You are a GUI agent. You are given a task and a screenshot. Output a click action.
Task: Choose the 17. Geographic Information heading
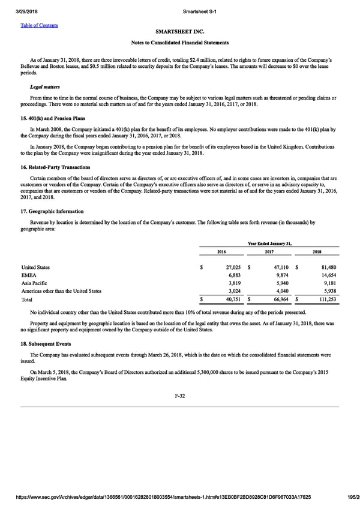click(52, 211)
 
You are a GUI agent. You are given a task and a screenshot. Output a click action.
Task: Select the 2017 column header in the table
click(273, 251)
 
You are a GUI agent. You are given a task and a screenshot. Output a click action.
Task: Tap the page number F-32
click(180, 396)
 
